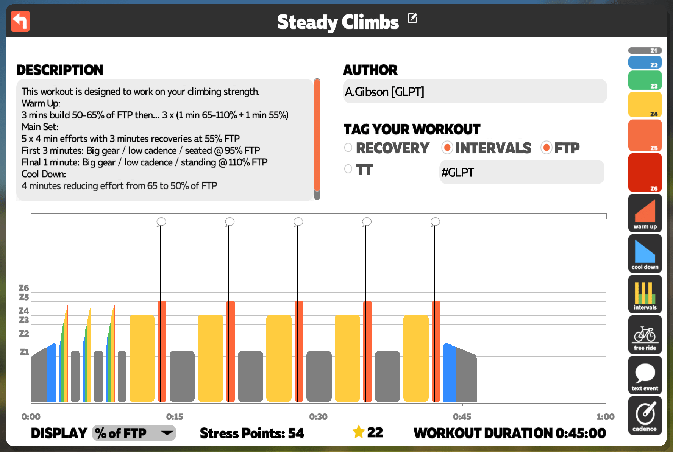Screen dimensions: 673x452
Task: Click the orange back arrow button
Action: [x=20, y=21]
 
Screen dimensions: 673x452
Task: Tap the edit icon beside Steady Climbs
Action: [x=412, y=18]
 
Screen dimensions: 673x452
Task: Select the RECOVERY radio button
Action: [x=348, y=148]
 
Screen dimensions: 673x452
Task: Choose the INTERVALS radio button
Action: [x=447, y=148]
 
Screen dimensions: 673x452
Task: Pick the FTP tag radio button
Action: [x=546, y=148]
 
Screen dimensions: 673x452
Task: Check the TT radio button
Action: [x=348, y=169]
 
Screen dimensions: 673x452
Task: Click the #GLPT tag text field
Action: [x=522, y=172]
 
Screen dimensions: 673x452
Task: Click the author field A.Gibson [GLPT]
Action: [x=475, y=91]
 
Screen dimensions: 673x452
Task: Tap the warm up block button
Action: [x=645, y=213]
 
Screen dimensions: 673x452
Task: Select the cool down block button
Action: [x=645, y=253]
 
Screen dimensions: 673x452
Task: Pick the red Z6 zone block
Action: [x=645, y=173]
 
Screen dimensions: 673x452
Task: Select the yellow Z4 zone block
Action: [x=645, y=104]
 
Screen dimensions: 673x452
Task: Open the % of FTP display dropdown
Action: [x=134, y=433]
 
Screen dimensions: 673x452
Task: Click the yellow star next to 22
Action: [x=359, y=432]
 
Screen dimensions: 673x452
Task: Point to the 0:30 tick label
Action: [x=318, y=417]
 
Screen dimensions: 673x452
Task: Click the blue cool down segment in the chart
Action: [x=450, y=373]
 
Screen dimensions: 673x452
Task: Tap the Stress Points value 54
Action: [x=296, y=433]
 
